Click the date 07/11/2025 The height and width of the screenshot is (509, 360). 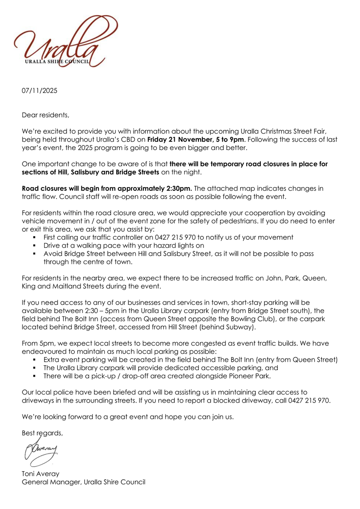[39, 91]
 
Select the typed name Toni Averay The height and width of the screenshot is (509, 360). [40, 474]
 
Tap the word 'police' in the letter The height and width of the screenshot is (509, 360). [57, 392]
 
